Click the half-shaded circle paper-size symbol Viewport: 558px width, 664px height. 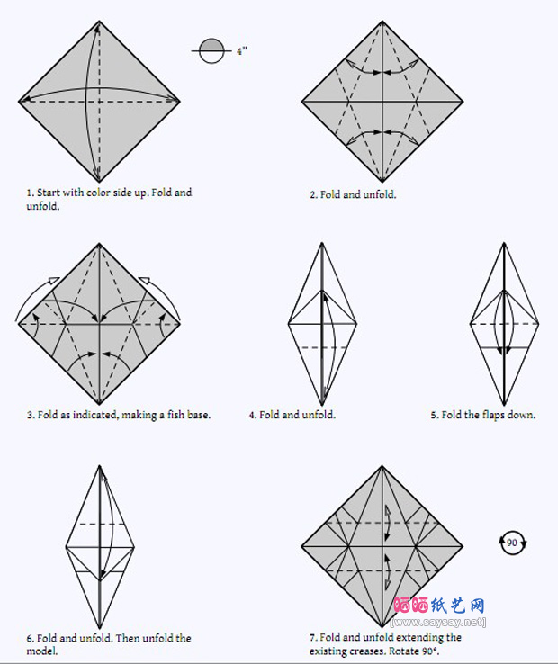(211, 50)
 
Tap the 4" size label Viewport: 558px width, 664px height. (242, 51)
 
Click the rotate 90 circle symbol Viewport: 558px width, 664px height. (512, 543)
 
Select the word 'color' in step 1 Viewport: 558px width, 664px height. (98, 193)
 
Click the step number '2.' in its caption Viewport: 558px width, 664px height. (313, 195)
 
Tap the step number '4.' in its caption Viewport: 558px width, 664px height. (253, 415)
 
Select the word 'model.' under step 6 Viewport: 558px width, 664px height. (42, 651)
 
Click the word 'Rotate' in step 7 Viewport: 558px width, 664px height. (404, 651)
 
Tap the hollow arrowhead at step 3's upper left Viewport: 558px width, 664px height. (54, 281)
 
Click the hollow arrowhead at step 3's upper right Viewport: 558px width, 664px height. (145, 281)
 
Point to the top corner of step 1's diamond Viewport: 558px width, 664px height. (99, 21)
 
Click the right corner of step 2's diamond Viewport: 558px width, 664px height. (463, 102)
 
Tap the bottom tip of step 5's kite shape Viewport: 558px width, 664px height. (504, 405)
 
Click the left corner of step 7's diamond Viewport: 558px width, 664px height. (301, 546)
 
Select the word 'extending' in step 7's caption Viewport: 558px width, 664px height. (420, 638)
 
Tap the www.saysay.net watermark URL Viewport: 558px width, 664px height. (438, 622)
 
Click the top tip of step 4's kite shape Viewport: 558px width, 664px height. (322, 243)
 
